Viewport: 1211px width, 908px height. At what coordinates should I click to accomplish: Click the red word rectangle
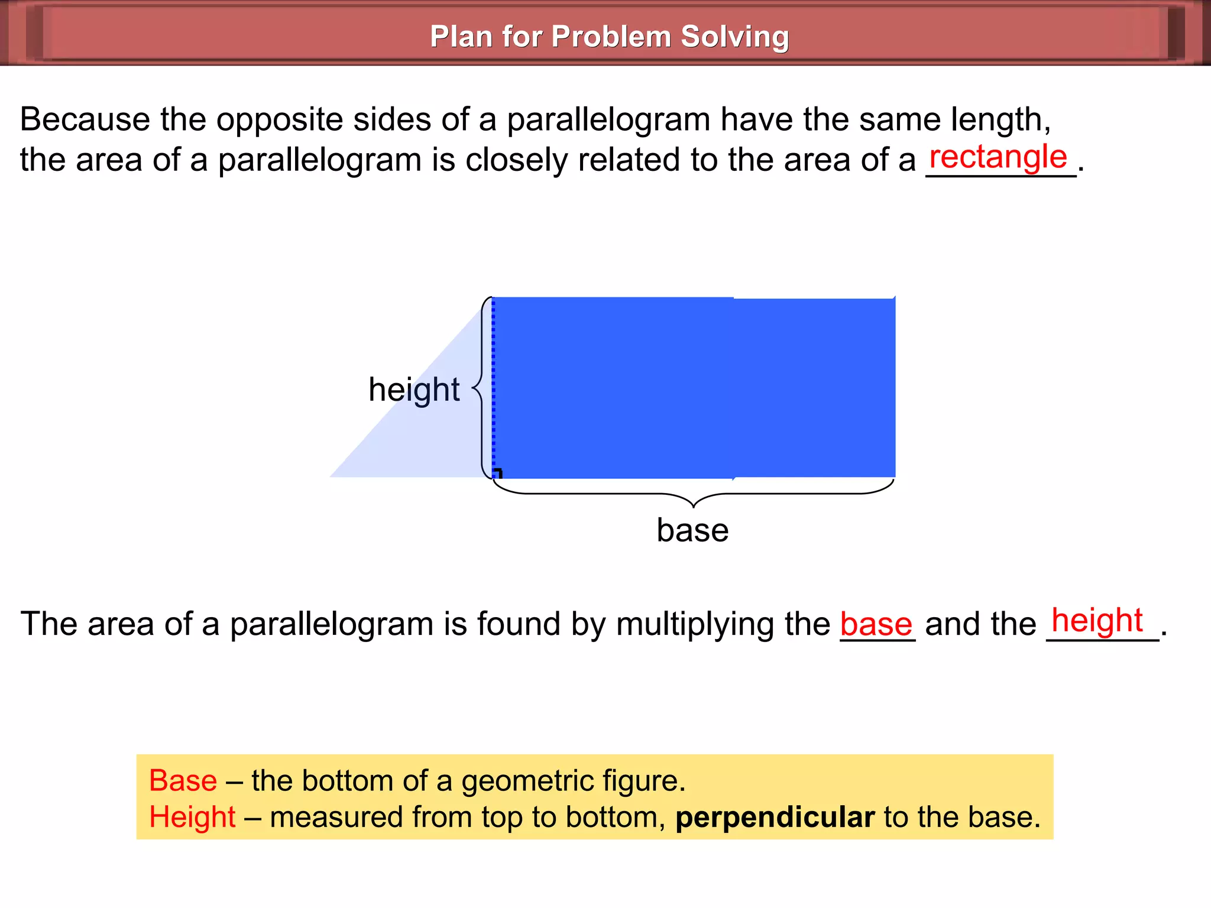(998, 157)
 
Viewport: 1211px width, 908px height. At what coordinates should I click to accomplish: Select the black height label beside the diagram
(413, 390)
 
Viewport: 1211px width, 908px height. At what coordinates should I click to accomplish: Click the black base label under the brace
(692, 530)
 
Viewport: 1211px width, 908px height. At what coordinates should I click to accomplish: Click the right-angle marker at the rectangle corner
(498, 473)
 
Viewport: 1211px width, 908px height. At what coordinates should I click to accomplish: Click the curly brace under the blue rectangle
(693, 495)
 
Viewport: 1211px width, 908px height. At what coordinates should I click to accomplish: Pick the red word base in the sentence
(876, 625)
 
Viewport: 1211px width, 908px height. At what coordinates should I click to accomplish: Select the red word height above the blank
(1097, 621)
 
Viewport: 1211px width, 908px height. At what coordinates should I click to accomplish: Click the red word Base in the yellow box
(183, 780)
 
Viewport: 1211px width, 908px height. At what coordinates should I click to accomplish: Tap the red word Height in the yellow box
(193, 818)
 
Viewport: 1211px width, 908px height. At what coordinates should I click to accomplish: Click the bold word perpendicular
(775, 818)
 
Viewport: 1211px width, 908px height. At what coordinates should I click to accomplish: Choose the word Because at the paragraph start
(85, 119)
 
